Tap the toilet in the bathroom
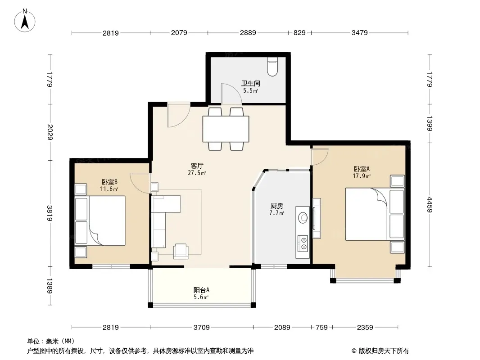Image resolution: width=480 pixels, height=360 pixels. tap(272, 67)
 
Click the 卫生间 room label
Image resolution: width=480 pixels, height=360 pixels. tap(251, 83)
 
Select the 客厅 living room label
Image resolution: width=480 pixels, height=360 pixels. tap(197, 166)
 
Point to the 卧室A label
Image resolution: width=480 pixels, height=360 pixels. tap(362, 169)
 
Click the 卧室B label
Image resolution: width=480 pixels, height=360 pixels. tap(109, 182)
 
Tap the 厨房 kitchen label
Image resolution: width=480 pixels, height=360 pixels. tap(277, 206)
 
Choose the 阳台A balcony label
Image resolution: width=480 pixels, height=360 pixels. tap(201, 290)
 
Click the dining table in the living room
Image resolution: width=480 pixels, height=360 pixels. tap(226, 129)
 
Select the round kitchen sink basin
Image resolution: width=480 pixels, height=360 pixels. tap(303, 218)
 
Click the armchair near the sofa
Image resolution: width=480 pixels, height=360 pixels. tap(181, 251)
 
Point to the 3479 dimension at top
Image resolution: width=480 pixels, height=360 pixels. tap(360, 32)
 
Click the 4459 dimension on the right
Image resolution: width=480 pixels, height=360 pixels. tap(430, 205)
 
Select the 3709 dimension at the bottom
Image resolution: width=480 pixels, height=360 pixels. tap(201, 327)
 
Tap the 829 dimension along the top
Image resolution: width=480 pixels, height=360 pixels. tap(299, 32)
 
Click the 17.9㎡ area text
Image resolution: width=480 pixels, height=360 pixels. tap(362, 176)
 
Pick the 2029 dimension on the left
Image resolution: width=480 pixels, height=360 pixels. tap(50, 132)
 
